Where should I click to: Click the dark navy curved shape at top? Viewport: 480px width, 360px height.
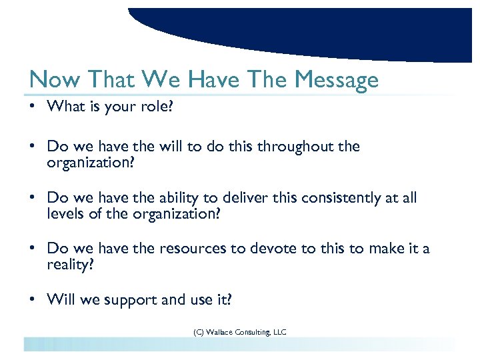(x=300, y=27)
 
